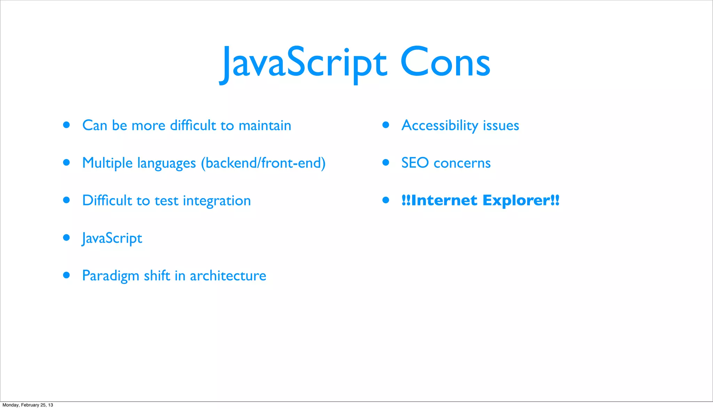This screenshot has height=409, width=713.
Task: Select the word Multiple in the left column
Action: [x=107, y=163]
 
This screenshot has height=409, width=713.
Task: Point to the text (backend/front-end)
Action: [x=263, y=163]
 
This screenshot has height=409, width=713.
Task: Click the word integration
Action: [x=217, y=201]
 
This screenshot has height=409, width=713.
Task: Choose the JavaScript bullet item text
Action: [x=112, y=238]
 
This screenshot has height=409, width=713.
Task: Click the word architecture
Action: [x=228, y=276]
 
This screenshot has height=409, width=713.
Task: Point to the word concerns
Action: [x=462, y=163]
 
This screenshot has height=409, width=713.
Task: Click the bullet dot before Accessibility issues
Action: [x=385, y=125]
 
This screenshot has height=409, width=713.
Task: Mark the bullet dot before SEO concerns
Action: [x=385, y=162]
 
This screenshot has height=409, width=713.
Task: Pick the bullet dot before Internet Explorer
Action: [x=385, y=200]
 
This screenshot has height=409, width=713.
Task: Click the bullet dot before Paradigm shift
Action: [x=66, y=275]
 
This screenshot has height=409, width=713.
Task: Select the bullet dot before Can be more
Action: [x=66, y=125]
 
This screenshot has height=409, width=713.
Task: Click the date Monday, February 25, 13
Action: [x=28, y=405]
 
